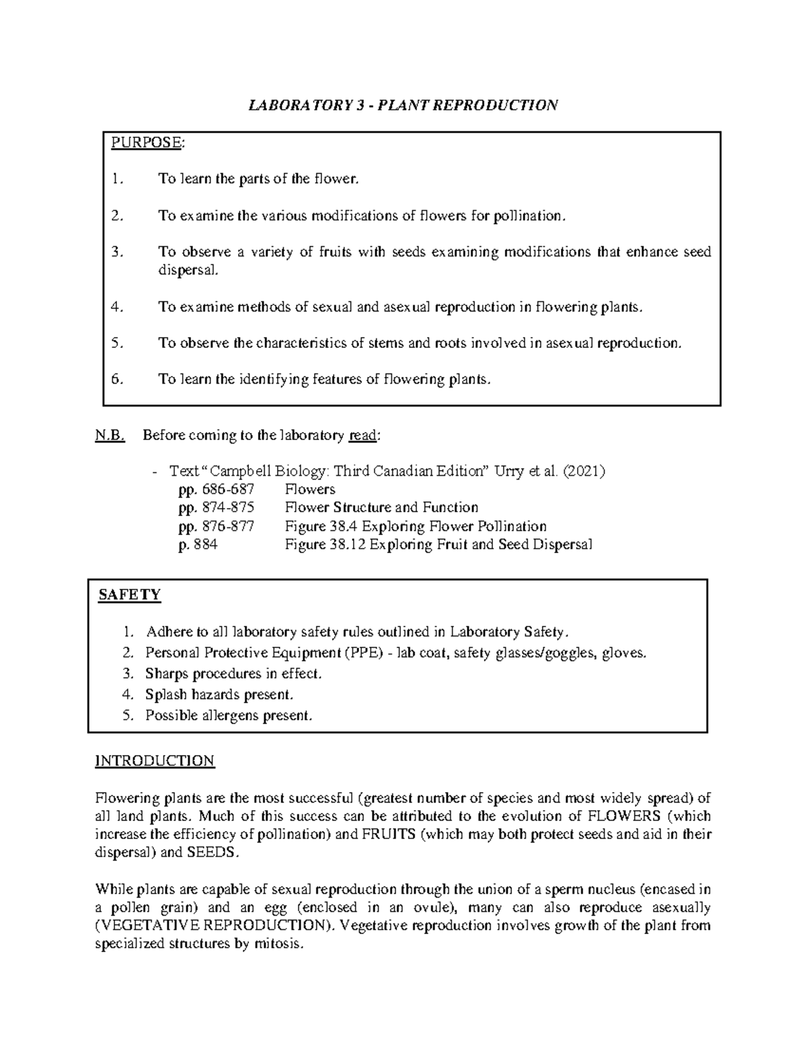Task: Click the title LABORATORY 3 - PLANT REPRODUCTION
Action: coord(403,106)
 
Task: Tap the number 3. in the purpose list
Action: coord(118,252)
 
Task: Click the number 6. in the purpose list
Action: coord(118,380)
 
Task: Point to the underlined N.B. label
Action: coord(110,435)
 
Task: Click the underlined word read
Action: coord(363,435)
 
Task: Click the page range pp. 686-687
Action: coord(217,489)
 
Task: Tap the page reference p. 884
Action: coord(198,544)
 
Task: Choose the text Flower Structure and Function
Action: coord(381,507)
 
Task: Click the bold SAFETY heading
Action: coord(129,595)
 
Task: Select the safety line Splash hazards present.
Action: coord(219,694)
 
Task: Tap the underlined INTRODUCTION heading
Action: coord(155,761)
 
